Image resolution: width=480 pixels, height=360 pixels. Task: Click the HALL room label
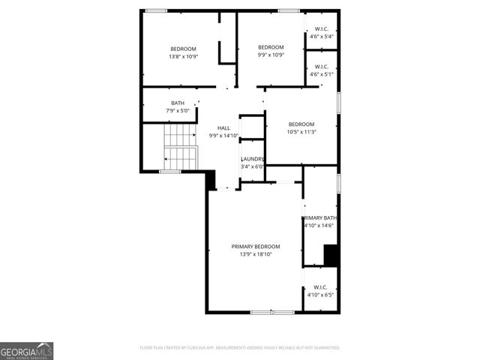tap(223, 128)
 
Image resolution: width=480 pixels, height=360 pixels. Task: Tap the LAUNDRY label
tap(252, 159)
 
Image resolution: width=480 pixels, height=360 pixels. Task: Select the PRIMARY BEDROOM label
tap(255, 247)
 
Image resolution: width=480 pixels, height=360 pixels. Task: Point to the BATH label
tap(178, 103)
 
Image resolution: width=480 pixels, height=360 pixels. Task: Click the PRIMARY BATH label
tap(320, 217)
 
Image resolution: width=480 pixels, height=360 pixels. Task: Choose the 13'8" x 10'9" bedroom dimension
tap(182, 56)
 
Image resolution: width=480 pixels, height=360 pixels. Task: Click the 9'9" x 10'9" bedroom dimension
tap(271, 55)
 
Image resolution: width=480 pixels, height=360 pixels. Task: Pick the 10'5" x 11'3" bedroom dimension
tap(301, 132)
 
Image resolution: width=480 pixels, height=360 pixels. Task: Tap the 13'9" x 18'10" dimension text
tap(255, 254)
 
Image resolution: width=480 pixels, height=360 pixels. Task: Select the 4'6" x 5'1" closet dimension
tap(321, 74)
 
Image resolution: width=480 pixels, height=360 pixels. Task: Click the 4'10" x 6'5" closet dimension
tap(320, 295)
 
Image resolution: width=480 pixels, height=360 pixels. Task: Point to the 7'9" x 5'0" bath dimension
tap(178, 111)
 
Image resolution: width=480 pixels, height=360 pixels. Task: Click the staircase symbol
tap(180, 147)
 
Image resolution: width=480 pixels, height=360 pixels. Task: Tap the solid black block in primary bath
tap(331, 255)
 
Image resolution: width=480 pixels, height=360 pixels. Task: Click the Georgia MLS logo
tap(27, 351)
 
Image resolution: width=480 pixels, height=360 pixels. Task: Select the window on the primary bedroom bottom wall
tap(272, 311)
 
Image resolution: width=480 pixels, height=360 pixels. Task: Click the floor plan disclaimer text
tap(240, 348)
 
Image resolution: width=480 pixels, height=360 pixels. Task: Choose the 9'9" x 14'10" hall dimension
tap(223, 136)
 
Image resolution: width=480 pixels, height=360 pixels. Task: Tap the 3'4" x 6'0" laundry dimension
tap(252, 166)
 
